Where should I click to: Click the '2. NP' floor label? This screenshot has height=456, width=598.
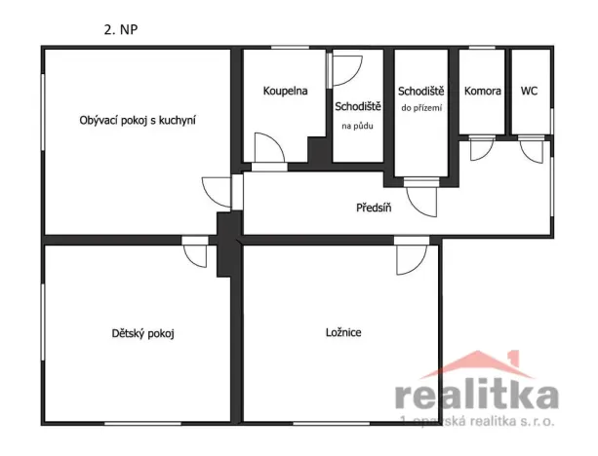123,28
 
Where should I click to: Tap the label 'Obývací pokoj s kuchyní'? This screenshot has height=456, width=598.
138,120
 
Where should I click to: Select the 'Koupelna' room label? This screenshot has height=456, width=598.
285,91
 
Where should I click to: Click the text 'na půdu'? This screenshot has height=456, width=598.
357,126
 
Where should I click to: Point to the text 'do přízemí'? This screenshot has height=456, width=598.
422,108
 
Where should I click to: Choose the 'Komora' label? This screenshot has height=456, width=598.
483,91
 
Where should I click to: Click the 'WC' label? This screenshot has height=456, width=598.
529,91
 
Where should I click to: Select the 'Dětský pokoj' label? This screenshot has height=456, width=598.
143,333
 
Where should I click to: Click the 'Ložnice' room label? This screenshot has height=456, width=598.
343,332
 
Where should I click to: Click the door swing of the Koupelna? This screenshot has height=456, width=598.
268,152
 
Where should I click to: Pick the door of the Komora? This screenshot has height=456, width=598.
481,149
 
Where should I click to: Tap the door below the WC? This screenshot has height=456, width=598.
531,150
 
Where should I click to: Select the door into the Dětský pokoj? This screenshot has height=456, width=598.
195,253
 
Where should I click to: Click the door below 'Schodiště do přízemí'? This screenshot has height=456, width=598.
422,199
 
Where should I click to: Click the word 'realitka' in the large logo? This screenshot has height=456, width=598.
477,395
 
